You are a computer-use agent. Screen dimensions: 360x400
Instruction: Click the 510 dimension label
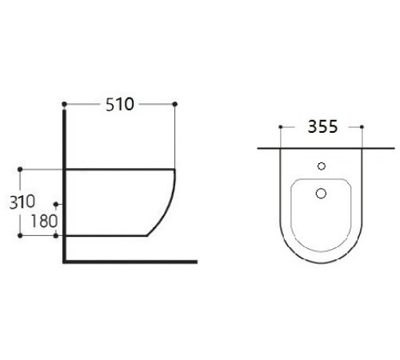118,104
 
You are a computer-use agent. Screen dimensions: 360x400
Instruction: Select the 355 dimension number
321,126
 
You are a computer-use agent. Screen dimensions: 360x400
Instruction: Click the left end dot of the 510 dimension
63,104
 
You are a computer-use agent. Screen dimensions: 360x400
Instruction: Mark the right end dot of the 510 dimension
174,104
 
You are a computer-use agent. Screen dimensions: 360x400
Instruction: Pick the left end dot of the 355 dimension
280,126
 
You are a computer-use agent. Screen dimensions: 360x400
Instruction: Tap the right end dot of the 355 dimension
363,126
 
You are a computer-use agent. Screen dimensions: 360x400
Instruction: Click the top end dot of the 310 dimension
19,169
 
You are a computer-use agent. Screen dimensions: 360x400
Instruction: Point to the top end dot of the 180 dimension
54,203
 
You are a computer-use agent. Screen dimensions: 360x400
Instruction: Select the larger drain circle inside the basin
322,193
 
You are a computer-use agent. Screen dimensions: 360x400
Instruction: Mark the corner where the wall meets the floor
63,262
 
